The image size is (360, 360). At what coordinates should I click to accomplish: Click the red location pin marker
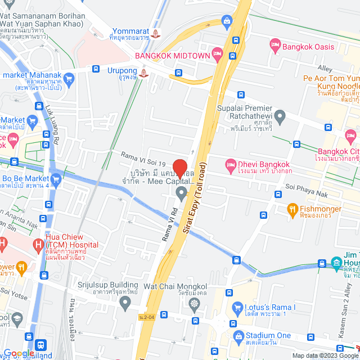point(179,168)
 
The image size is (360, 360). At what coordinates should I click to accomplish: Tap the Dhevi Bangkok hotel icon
point(230,164)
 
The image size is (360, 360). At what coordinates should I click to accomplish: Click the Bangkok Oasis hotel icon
point(276,44)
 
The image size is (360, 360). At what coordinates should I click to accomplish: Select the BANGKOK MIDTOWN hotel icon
point(218,55)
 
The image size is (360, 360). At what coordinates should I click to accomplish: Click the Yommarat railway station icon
point(155,34)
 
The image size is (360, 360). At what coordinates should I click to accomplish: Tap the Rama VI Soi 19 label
point(143,156)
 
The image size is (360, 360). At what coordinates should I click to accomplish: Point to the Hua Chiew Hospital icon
point(38,245)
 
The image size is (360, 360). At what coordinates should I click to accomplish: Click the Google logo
point(18,353)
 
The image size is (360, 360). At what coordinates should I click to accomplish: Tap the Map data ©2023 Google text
point(325,355)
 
